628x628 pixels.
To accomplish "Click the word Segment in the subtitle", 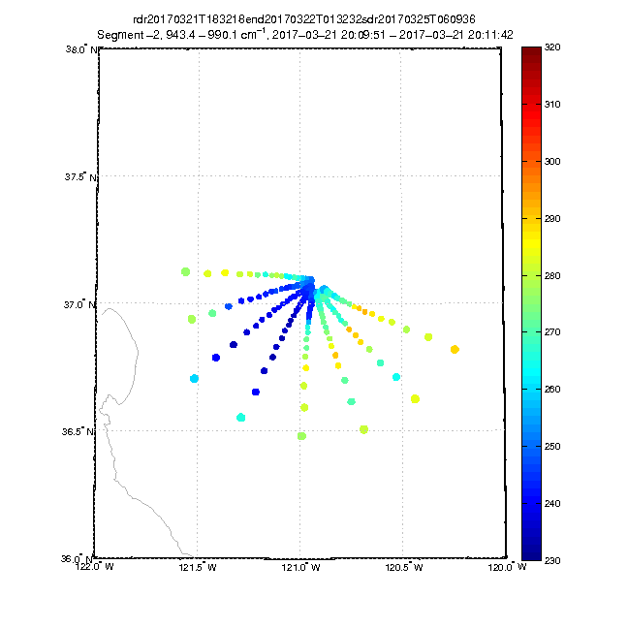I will pyautogui.click(x=124, y=34).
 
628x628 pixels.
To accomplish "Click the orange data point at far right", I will pyautogui.click(x=455, y=349).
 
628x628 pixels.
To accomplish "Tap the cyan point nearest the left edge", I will pyautogui.click(x=195, y=378).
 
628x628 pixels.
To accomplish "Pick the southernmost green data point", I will pyautogui.click(x=301, y=436).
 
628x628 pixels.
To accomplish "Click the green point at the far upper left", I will pyautogui.click(x=185, y=271).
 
